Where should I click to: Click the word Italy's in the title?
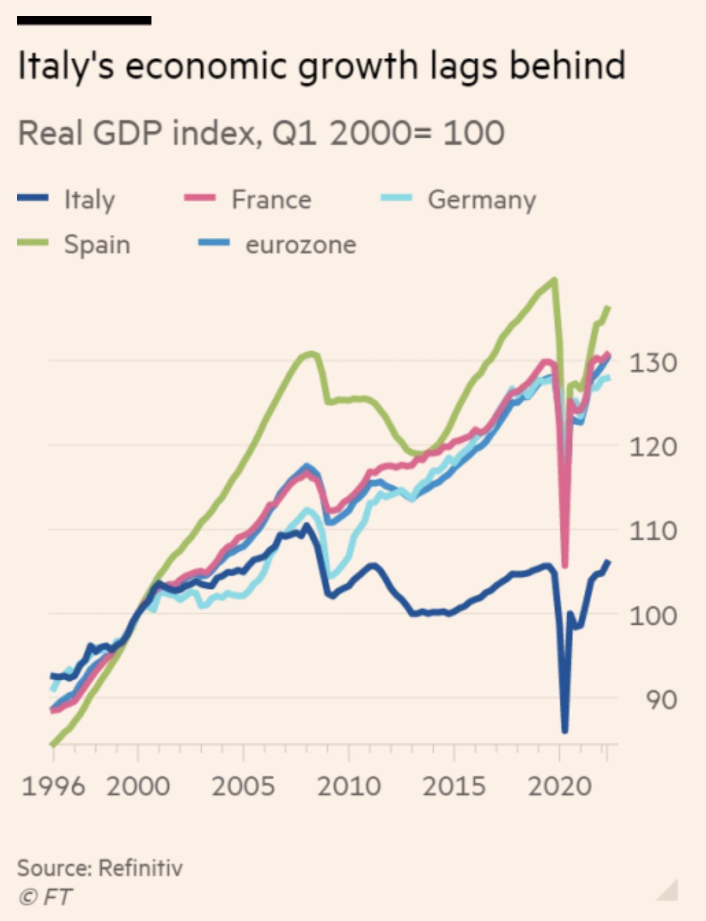tap(66, 66)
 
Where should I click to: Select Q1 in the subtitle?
tap(294, 133)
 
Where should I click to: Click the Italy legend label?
tap(89, 200)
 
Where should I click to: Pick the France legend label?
tap(271, 200)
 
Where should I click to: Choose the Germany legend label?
tap(481, 200)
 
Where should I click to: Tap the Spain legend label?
tap(97, 245)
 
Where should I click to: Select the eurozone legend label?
tap(301, 245)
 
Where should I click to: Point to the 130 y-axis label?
tap(653, 362)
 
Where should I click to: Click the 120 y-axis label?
tap(653, 447)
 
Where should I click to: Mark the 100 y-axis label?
tap(653, 616)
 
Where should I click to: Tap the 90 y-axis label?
tap(661, 700)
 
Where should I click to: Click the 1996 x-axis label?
tap(53, 786)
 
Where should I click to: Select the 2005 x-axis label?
tap(243, 786)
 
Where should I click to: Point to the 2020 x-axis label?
tap(560, 786)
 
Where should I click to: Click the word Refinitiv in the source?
tap(140, 868)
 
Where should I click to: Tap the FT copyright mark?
tap(45, 897)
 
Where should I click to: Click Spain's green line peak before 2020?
tap(554, 279)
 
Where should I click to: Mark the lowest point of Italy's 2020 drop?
tap(564, 730)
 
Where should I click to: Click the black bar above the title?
tap(84, 20)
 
